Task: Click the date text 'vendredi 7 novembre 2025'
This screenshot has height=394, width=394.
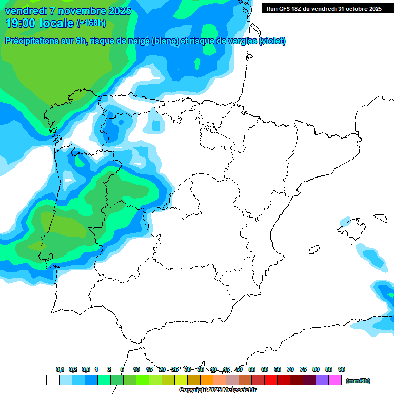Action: [x=68, y=11]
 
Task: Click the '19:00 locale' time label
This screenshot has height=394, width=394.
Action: [x=40, y=23]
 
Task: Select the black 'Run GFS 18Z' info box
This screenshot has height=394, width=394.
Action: [x=324, y=8]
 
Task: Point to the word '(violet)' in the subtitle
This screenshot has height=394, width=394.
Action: [x=272, y=41]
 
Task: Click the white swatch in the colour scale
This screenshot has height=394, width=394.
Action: [x=52, y=380]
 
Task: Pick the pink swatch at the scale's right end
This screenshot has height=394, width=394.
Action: [x=335, y=380]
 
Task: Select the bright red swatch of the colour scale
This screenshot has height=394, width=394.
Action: [x=271, y=380]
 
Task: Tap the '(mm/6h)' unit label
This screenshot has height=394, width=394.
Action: [x=358, y=381]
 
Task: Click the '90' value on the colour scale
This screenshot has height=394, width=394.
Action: [x=342, y=369]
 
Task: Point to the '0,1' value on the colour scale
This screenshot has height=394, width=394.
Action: [x=60, y=369]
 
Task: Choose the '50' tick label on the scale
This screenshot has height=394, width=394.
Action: [x=239, y=369]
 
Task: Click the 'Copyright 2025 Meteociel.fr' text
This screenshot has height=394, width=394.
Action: [x=218, y=390]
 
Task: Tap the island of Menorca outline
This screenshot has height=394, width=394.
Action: [x=380, y=218]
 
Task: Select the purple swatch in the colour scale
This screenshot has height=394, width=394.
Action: [x=322, y=380]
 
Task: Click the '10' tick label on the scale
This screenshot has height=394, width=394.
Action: [x=136, y=369]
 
